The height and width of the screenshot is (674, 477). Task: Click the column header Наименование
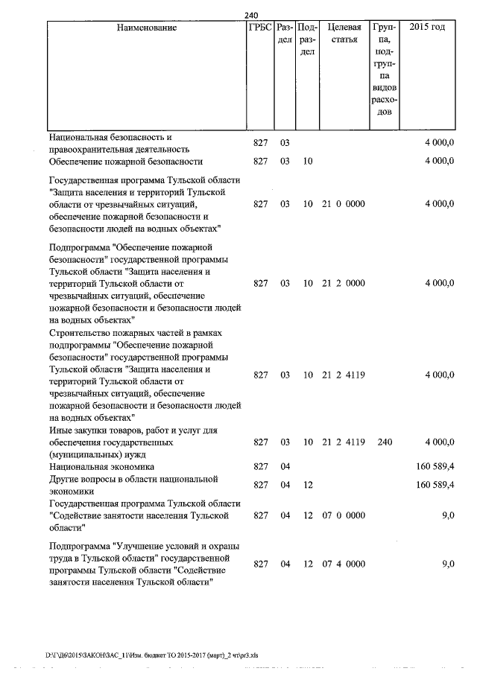click(x=147, y=28)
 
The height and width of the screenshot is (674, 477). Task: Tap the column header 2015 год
click(x=428, y=28)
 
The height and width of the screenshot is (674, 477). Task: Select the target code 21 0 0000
click(x=343, y=203)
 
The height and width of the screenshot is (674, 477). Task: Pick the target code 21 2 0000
click(x=343, y=283)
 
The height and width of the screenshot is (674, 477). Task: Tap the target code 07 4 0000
click(x=343, y=564)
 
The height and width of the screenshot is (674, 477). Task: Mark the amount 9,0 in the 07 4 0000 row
click(x=447, y=564)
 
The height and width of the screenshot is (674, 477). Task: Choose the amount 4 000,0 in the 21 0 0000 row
click(x=440, y=203)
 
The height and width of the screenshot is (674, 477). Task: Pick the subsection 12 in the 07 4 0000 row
click(x=308, y=564)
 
